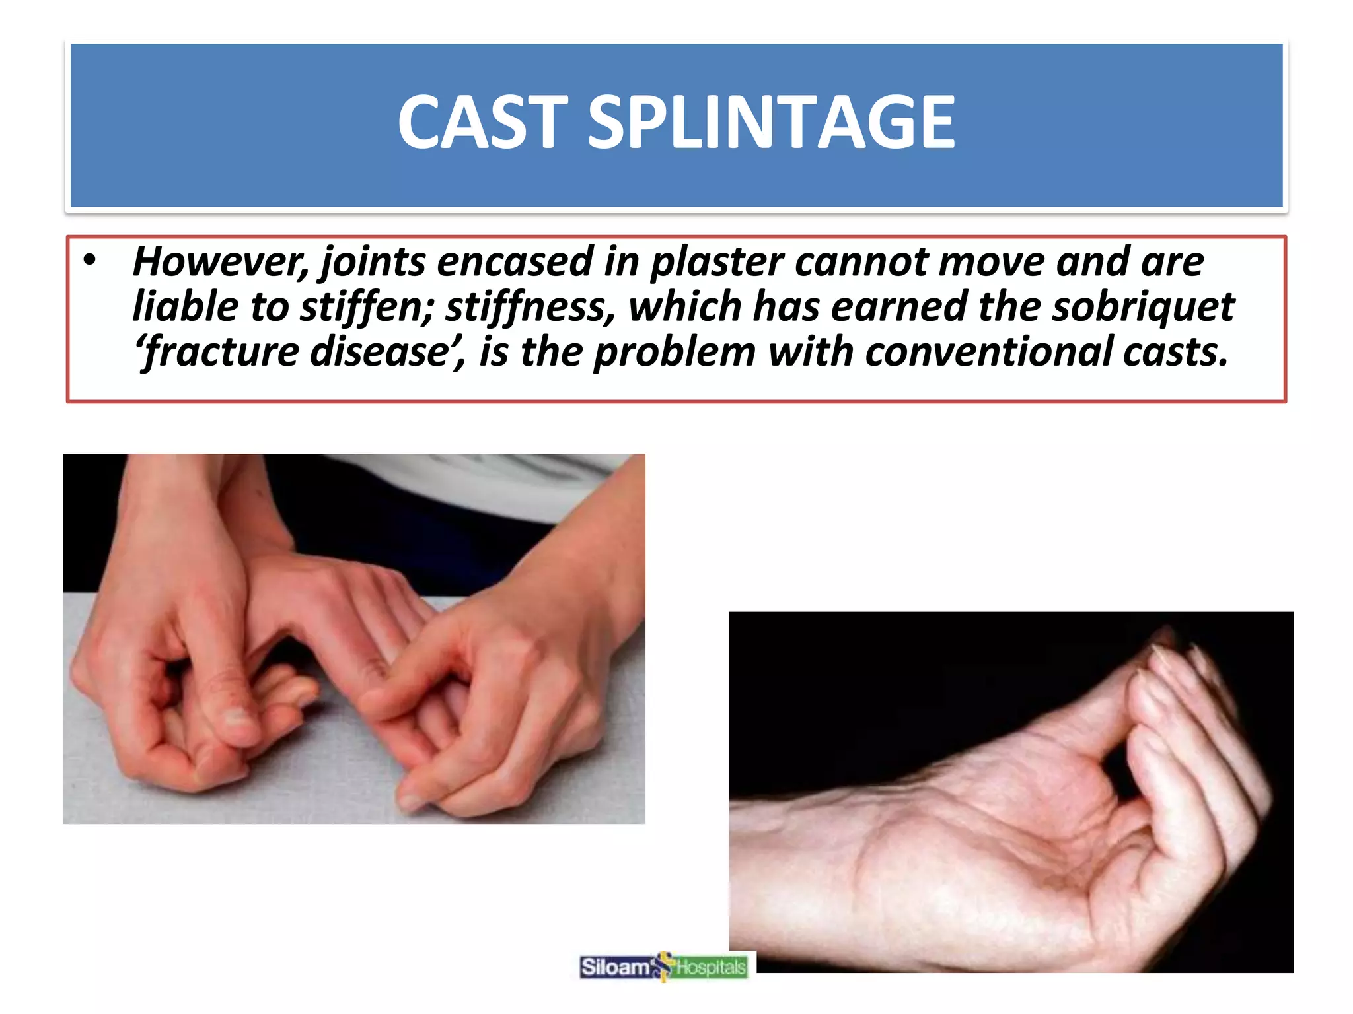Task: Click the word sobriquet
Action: pos(1143,308)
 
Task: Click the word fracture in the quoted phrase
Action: pos(222,353)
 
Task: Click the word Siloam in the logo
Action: pos(614,968)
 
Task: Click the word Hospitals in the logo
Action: pos(711,968)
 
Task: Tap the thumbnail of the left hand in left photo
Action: pos(238,716)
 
